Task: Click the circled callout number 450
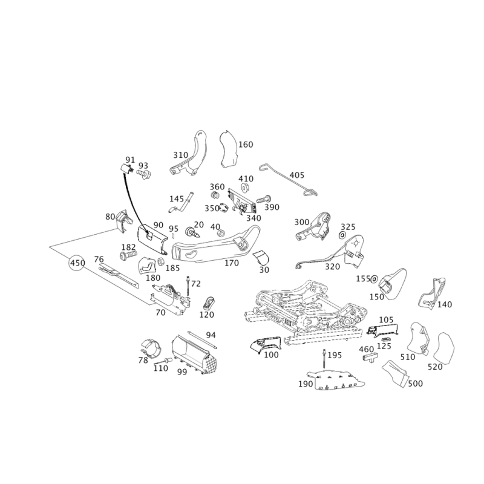click(77, 263)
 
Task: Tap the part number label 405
click(296, 175)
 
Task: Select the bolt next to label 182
click(128, 255)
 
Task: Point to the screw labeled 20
click(192, 232)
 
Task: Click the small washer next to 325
click(342, 235)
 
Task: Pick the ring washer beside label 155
click(374, 279)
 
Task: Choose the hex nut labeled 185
click(161, 262)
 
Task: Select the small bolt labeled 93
click(143, 175)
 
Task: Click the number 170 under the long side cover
click(232, 263)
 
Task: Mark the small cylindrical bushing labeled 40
click(221, 233)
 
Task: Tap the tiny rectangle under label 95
click(173, 235)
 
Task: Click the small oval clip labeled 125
click(386, 339)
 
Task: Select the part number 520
click(435, 367)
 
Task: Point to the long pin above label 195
click(324, 359)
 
